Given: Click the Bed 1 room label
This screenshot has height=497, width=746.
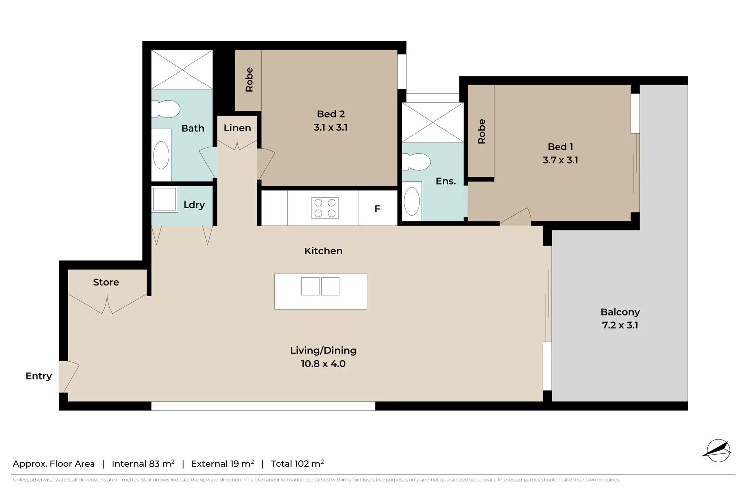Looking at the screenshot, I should pos(560,147).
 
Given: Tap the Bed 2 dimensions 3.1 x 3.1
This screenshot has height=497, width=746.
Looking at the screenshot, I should pos(330,127).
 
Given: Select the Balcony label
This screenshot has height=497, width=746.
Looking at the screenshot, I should pos(620,312).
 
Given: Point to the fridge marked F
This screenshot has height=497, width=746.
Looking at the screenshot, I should pos(377,209).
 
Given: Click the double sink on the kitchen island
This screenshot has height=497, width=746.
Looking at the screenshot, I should pos(320,286).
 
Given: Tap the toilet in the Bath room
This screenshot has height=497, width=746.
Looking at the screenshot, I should pos(165,109).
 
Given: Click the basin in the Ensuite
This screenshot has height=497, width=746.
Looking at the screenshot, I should pos(412,201).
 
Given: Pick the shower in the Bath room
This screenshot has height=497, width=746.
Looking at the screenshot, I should pos(182,70).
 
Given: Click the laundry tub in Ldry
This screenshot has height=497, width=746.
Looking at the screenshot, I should pos(164,199).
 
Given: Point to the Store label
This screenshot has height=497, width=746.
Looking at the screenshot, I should pos(106,282).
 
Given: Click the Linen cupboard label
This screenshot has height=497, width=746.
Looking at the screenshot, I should pos(237,128).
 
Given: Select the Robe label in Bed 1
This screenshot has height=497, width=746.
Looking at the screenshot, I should pos(481,132).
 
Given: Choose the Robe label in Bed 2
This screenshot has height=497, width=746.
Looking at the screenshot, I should pos(249,80).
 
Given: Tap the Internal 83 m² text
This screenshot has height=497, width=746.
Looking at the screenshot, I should pos(143,464).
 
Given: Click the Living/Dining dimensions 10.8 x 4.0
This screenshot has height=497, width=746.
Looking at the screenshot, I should pos(323,364).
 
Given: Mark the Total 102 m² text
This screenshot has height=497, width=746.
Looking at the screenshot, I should pos(297,464).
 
